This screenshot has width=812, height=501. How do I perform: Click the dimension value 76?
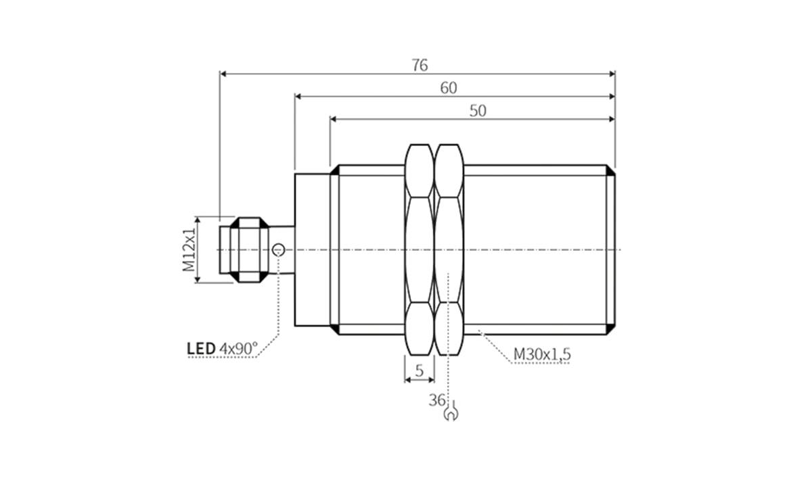(420, 65)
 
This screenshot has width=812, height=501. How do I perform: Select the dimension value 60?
(449, 88)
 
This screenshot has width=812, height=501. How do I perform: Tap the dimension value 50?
(478, 111)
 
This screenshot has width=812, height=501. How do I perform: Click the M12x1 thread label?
(189, 249)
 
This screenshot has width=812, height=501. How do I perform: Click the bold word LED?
(201, 349)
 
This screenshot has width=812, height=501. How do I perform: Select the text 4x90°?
(239, 349)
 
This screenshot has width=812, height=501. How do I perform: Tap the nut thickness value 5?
(420, 371)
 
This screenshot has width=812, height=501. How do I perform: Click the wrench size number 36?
(436, 400)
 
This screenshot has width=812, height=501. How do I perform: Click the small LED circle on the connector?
(277, 250)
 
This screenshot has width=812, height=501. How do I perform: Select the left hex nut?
(419, 249)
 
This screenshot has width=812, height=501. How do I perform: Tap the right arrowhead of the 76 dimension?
(612, 73)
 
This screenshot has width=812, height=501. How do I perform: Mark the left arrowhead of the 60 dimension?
(298, 97)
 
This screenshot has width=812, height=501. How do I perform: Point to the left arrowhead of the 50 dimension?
(334, 119)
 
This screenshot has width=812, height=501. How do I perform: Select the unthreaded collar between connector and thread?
(312, 249)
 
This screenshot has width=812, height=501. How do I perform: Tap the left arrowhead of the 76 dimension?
(224, 73)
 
